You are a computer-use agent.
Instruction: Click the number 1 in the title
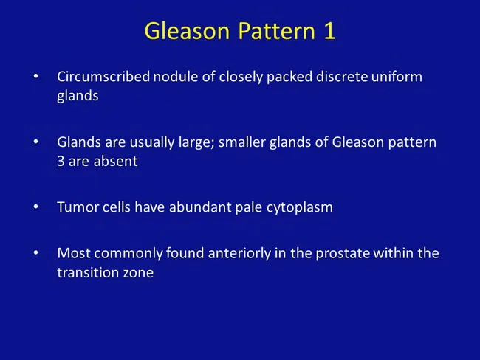point(330,31)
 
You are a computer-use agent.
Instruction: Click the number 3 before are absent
point(61,161)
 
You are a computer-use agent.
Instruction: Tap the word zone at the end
point(137,272)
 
